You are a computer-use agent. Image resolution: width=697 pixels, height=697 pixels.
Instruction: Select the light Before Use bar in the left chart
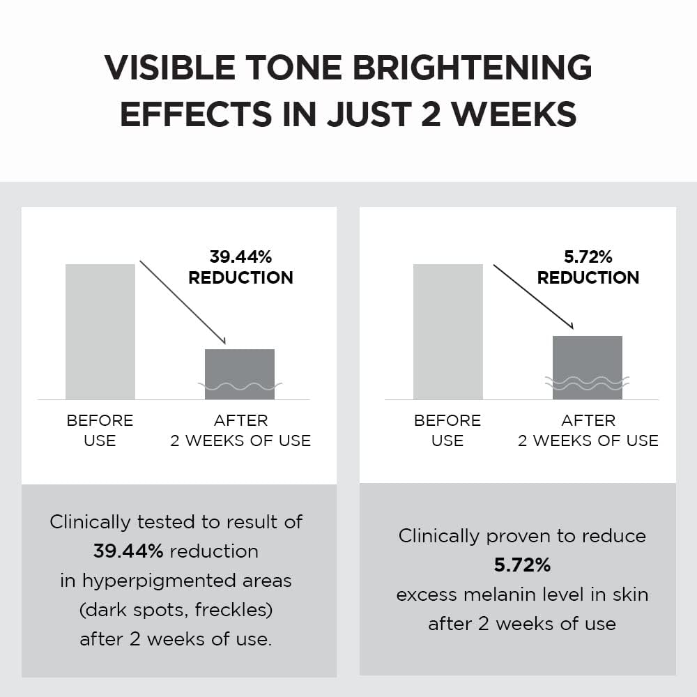tap(100, 332)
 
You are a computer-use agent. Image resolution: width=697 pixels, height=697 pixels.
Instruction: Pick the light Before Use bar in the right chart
tap(447, 332)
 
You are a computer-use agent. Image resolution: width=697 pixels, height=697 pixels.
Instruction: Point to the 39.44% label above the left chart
tap(240, 257)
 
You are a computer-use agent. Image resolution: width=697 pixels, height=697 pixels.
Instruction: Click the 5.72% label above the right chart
tap(588, 257)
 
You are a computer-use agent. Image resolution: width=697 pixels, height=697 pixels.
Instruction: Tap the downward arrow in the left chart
tap(183, 302)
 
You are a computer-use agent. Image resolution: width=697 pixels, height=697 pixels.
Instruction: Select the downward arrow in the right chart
tap(533, 297)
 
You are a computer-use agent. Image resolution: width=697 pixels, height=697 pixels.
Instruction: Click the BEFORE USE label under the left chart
tap(100, 431)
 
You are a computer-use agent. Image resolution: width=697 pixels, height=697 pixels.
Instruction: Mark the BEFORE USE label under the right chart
tap(447, 431)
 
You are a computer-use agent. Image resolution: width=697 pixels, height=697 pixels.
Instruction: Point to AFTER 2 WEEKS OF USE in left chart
tap(240, 431)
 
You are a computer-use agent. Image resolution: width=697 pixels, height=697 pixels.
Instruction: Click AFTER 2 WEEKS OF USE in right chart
tap(588, 431)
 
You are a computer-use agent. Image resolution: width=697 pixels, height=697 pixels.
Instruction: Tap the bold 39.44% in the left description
tap(128, 551)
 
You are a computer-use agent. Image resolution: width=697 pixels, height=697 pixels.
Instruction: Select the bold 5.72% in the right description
tap(522, 565)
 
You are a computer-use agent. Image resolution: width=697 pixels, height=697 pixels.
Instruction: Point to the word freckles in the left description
tap(232, 610)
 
